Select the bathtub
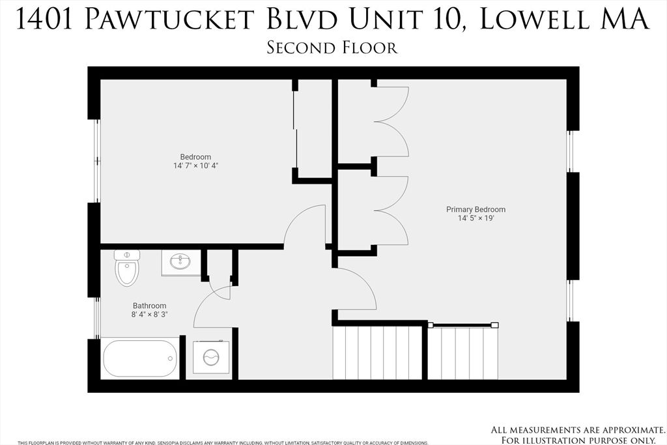click(x=140, y=358)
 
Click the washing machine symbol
click(x=212, y=357)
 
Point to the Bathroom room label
click(x=149, y=306)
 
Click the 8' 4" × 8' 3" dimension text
click(x=149, y=315)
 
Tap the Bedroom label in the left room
click(x=195, y=157)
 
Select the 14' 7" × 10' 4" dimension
click(x=195, y=166)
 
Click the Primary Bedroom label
click(x=475, y=210)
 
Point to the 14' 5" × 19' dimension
click(x=475, y=219)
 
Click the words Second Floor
click(x=332, y=48)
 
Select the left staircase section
click(x=377, y=352)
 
